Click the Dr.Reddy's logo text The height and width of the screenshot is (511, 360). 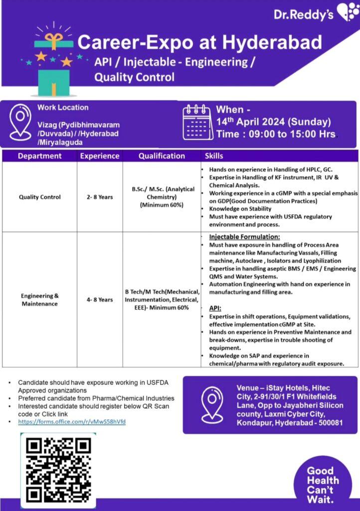304,14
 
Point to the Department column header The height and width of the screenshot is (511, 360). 39,156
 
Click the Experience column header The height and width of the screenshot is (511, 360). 100,156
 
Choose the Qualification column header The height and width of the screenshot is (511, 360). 162,156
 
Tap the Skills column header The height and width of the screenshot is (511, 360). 214,156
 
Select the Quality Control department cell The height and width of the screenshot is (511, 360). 40,197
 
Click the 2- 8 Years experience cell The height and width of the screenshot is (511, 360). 100,197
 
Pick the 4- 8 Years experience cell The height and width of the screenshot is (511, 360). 100,299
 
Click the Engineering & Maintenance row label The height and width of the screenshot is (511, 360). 40,299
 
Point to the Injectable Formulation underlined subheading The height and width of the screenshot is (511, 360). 244,237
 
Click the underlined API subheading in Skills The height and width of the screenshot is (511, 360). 215,308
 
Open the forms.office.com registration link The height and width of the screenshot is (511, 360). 72,422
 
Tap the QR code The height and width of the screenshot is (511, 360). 58,469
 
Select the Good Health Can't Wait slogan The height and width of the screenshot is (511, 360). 322,485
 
